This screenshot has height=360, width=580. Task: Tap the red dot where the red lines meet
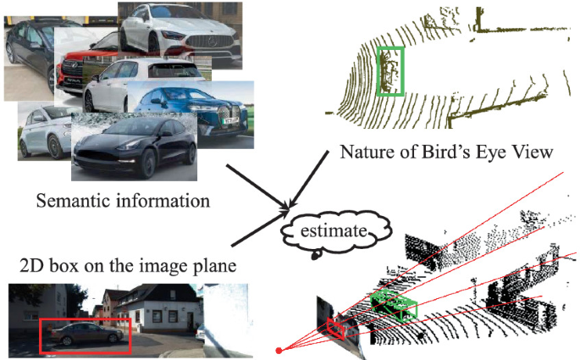[x=279, y=349]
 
